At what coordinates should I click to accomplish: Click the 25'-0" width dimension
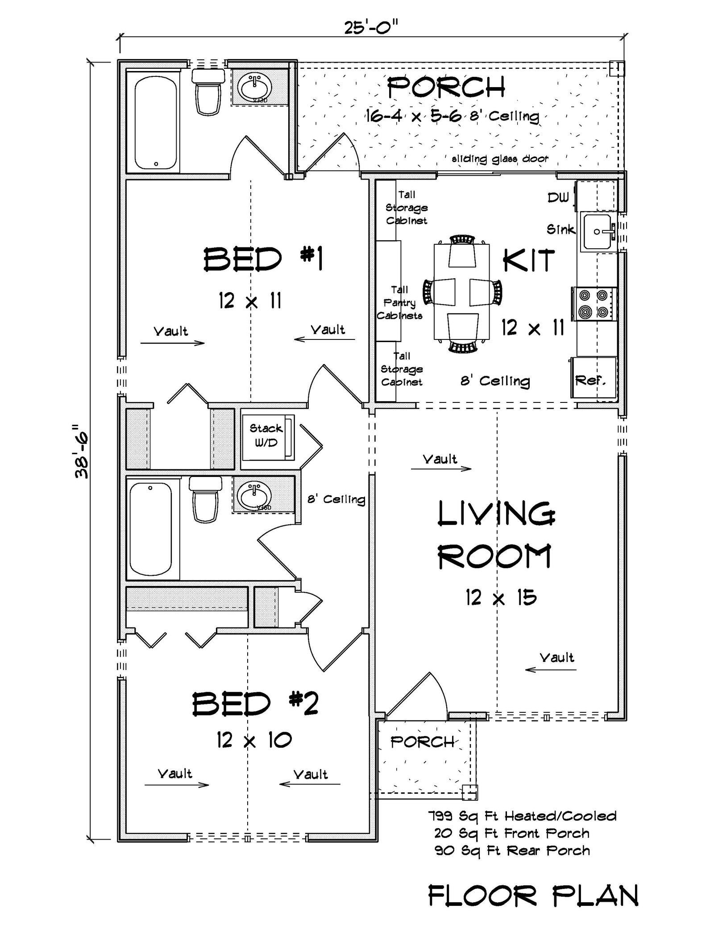click(x=370, y=28)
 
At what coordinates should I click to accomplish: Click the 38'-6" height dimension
click(x=82, y=451)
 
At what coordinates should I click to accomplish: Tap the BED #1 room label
click(x=263, y=260)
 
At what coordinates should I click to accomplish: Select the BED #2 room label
click(x=255, y=704)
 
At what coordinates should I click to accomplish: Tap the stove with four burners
click(x=595, y=304)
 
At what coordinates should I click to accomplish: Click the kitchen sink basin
click(x=597, y=232)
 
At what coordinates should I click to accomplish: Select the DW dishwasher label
click(x=558, y=197)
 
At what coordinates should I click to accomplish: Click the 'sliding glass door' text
click(x=500, y=159)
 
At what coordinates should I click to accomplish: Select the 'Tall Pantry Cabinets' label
click(x=399, y=302)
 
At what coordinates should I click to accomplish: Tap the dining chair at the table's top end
click(x=462, y=251)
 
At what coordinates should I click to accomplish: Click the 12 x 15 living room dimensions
click(x=501, y=597)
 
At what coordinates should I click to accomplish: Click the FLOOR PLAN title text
click(x=533, y=896)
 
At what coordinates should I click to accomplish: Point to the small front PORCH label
click(x=422, y=742)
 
